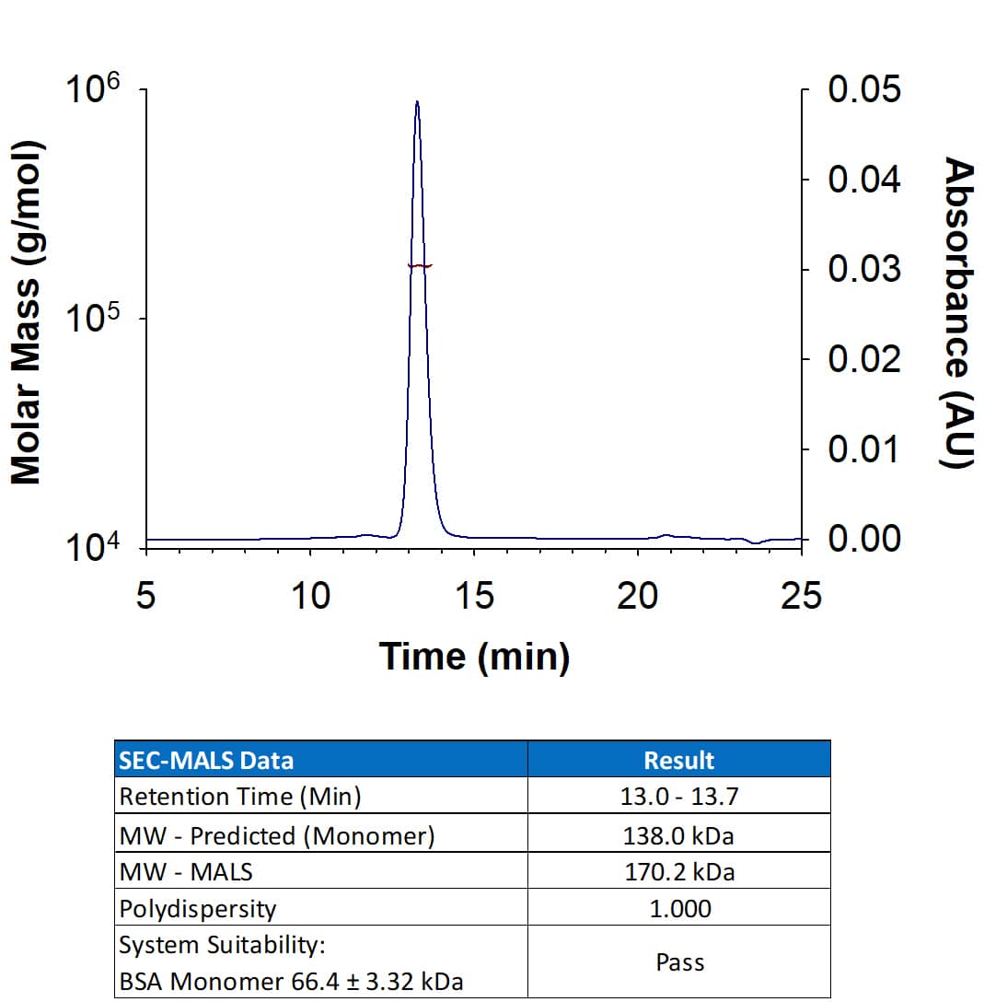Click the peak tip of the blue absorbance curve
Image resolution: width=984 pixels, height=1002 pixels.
(417, 102)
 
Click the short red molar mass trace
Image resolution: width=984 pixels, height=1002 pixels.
(420, 266)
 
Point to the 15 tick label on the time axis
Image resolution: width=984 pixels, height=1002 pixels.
(474, 597)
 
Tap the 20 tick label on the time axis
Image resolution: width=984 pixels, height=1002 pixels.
(637, 597)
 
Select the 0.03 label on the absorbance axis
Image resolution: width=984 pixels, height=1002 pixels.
(863, 269)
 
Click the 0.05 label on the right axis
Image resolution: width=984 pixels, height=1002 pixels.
(863, 90)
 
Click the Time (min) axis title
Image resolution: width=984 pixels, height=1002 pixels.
(474, 657)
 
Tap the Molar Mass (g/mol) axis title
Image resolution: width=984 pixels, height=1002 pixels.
(27, 313)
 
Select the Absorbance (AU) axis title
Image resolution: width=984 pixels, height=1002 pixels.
(958, 313)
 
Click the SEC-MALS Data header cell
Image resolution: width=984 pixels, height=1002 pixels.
(206, 760)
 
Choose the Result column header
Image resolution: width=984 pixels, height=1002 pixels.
(678, 760)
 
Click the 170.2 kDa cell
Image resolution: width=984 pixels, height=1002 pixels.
(679, 871)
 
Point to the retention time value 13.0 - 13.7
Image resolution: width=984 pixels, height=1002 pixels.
(679, 797)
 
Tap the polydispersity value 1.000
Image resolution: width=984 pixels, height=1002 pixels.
(679, 909)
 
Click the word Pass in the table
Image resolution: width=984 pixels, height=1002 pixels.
(679, 963)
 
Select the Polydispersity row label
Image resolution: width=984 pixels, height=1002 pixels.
(198, 909)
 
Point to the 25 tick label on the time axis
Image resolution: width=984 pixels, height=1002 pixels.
(800, 597)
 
